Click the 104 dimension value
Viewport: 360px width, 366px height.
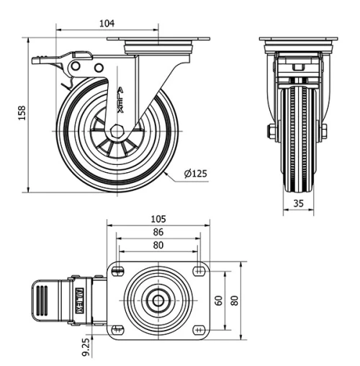[x=107, y=23]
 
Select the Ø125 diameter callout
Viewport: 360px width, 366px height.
[x=196, y=174]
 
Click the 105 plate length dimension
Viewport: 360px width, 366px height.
[x=158, y=218]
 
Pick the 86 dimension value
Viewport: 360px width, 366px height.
[x=158, y=232]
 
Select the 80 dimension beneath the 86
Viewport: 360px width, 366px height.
[x=158, y=244]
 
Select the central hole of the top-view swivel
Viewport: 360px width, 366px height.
[x=156, y=300]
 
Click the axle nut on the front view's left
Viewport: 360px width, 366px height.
[x=269, y=131]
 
